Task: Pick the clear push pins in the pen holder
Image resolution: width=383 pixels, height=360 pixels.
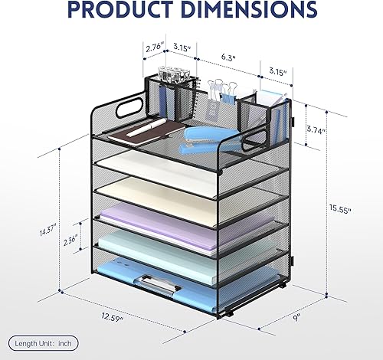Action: click(x=170, y=78)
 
